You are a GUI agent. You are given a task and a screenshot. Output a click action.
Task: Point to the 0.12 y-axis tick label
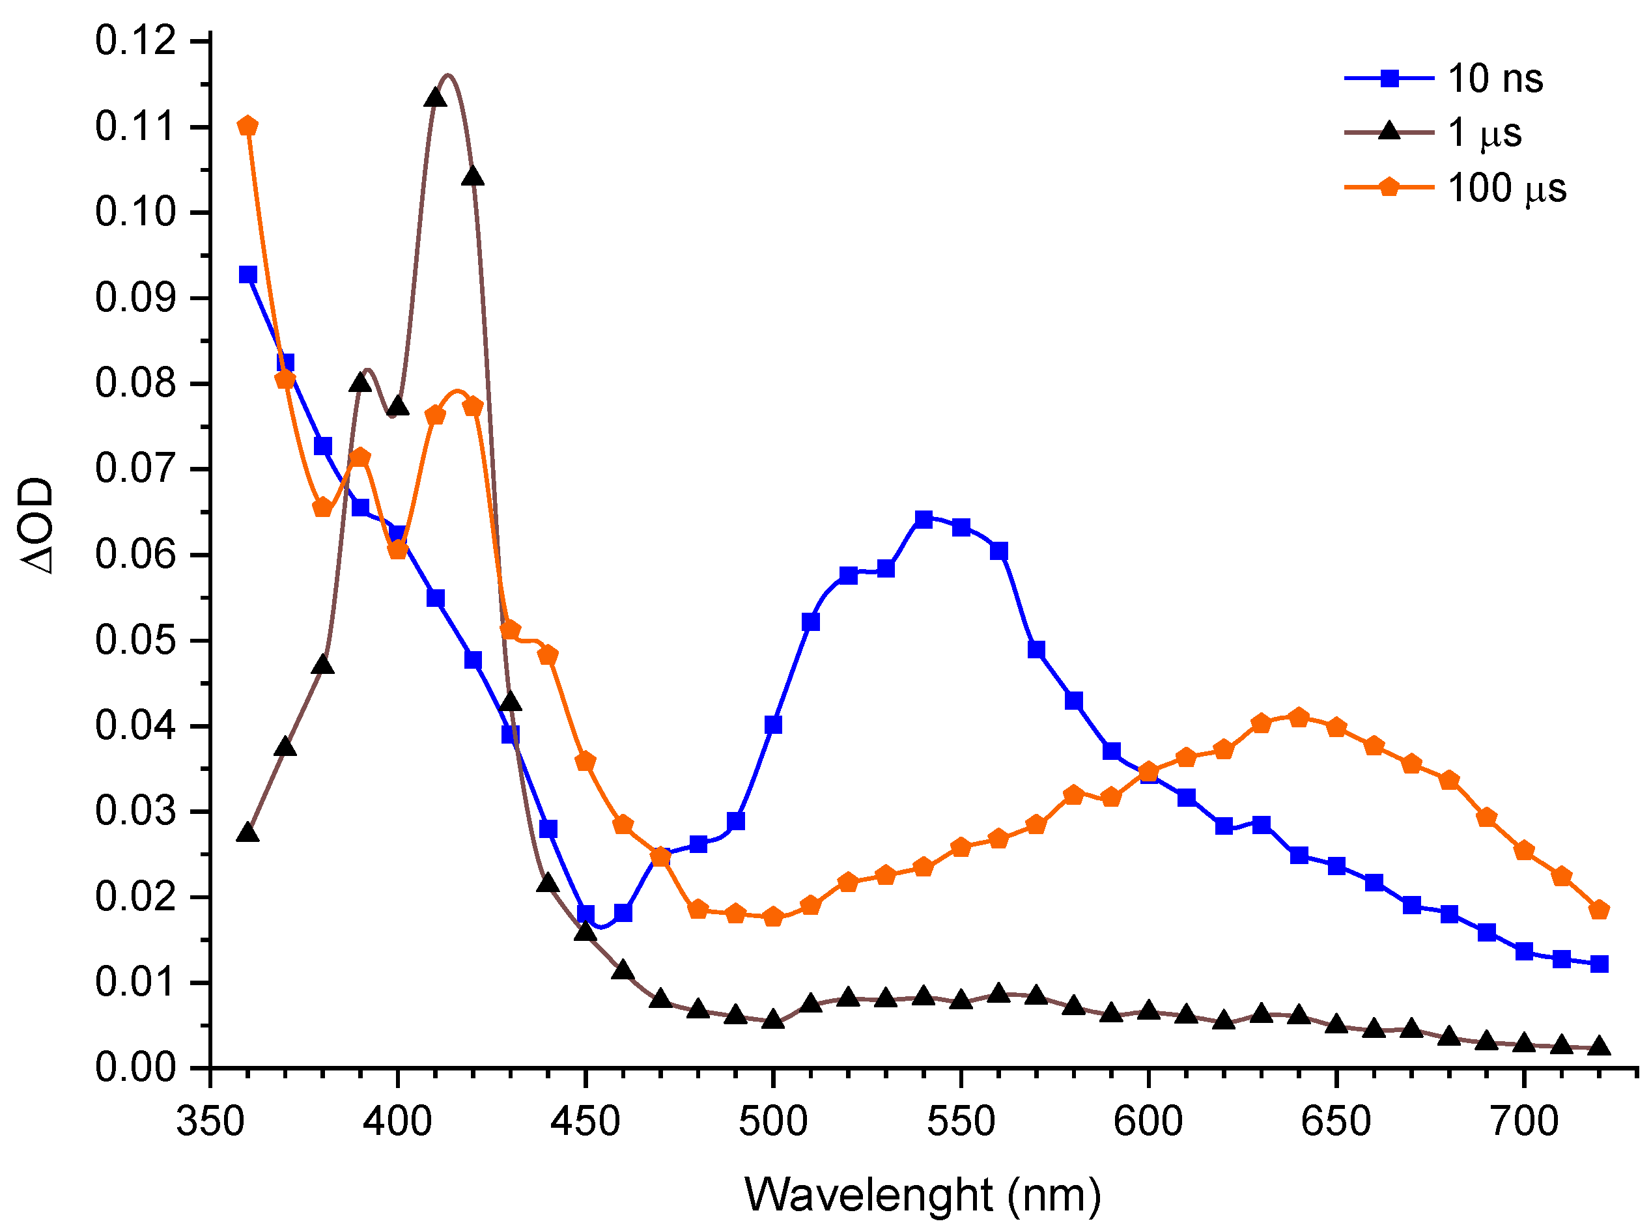coord(125,40)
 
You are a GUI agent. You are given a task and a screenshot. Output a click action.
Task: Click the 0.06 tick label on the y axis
coord(125,555)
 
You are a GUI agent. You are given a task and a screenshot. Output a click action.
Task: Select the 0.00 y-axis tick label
coord(125,1068)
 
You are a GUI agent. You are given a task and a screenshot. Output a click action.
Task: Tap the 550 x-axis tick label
coord(961,1121)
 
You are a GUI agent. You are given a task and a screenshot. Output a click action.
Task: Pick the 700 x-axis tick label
coord(1523,1121)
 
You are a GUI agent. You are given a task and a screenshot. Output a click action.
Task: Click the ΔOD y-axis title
coord(37,525)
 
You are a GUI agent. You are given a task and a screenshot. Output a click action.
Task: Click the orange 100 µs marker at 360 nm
coord(248,126)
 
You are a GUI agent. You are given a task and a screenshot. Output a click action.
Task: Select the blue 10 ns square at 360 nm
coord(248,275)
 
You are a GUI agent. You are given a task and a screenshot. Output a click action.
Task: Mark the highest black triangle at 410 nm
coord(436,98)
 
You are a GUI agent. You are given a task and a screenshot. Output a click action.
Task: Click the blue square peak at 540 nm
coord(924,519)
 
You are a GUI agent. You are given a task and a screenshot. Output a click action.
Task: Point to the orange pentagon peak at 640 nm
coord(1299,718)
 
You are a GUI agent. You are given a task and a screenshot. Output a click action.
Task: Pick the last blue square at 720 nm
coord(1599,964)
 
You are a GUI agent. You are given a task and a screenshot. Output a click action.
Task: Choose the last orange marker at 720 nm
coord(1599,910)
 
